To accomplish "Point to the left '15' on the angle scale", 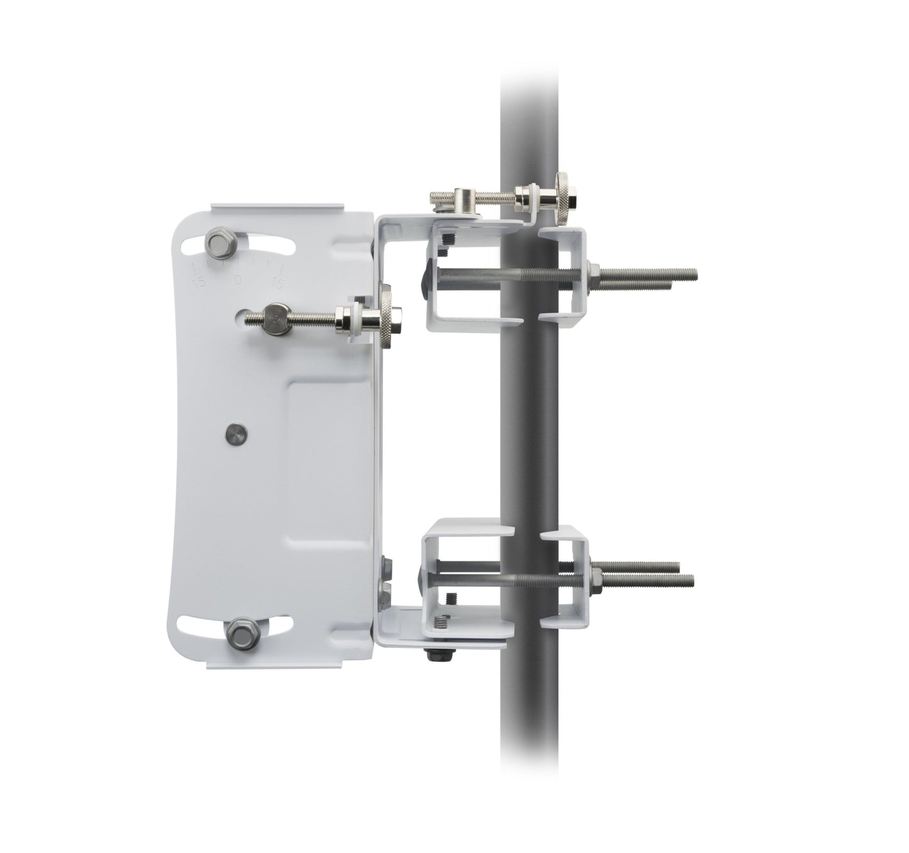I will tap(200, 282).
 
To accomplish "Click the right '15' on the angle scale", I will tap(275, 283).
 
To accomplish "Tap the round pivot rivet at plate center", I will tap(236, 431).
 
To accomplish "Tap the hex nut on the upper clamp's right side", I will tap(592, 272).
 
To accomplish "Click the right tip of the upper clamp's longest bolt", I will tap(696, 273).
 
